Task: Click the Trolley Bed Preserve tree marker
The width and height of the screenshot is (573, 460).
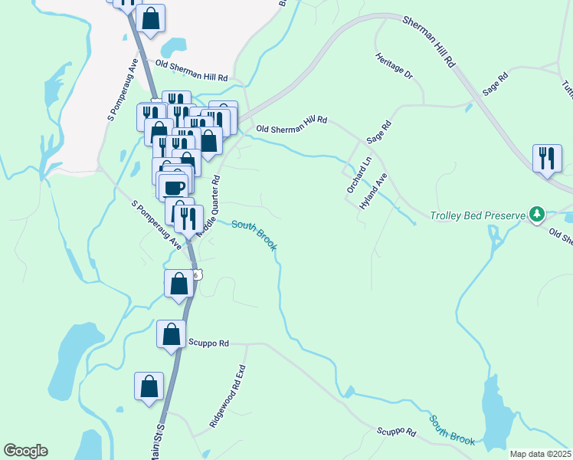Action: coord(537,215)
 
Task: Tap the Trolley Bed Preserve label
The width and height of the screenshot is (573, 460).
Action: coord(478,215)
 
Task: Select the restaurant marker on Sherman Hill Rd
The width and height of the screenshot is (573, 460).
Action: coord(545,158)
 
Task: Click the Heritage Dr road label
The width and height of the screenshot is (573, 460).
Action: coord(395,66)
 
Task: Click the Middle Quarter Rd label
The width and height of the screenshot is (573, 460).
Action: coord(208,205)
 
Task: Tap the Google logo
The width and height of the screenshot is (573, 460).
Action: coord(25,451)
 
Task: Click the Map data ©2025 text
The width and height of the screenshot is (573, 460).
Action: coord(539,454)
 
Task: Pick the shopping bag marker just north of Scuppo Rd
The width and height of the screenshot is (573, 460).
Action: coord(171,334)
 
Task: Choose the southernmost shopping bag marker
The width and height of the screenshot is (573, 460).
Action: coord(149,386)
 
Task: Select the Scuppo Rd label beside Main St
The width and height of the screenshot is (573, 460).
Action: coord(214,344)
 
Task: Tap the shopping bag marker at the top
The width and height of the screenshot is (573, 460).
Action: coord(151,18)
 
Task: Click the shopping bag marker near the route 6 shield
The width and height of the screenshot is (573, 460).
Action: coord(178,283)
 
